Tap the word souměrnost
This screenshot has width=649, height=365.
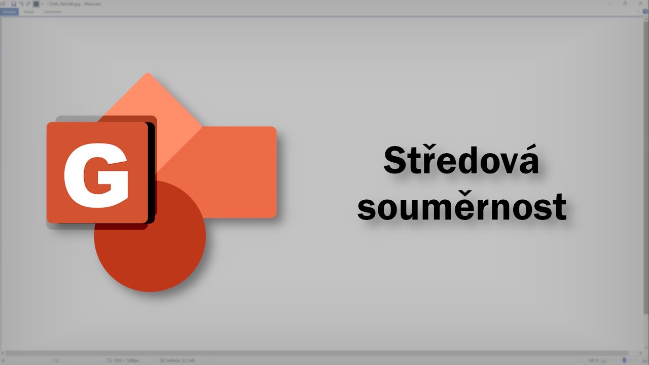(461, 207)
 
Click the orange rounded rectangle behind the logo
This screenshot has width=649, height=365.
(238, 172)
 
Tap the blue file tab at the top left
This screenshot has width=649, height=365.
(9, 11)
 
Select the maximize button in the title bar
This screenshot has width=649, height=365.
(625, 4)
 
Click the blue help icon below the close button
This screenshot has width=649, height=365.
(645, 11)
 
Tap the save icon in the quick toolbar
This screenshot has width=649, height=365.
(14, 4)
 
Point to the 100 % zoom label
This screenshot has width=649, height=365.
(593, 360)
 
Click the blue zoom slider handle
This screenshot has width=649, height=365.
(624, 360)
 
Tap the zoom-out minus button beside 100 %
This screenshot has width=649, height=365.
(603, 360)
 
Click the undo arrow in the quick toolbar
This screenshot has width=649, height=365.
(21, 4)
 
